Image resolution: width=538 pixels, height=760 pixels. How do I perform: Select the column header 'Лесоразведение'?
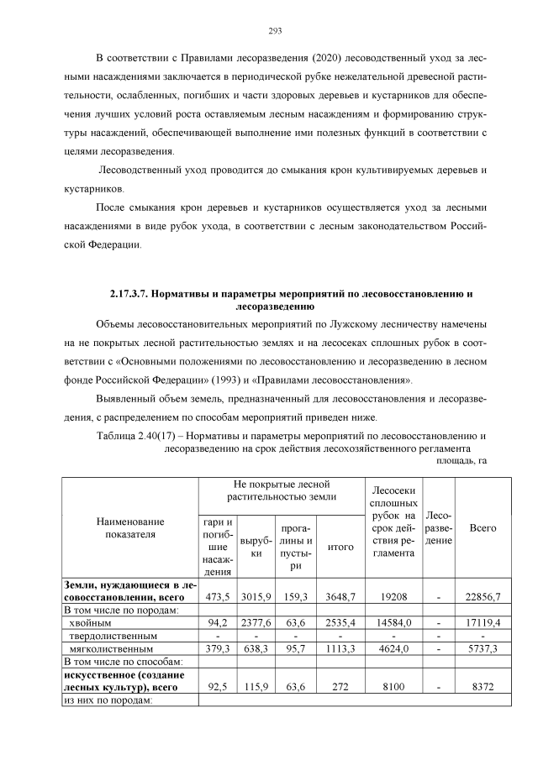439,528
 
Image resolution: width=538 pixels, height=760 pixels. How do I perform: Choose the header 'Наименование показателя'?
129,528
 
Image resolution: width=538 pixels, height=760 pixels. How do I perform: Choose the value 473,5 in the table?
218,596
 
